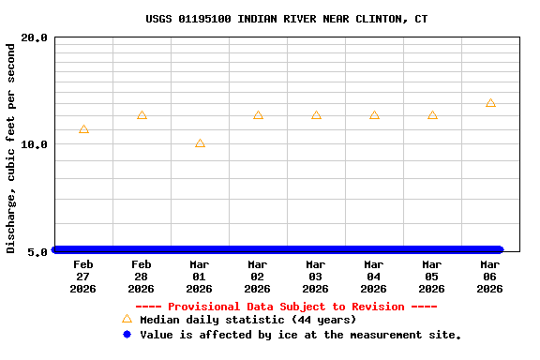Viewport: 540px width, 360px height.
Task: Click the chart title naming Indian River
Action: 287,19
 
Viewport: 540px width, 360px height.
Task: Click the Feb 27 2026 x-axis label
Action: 83,277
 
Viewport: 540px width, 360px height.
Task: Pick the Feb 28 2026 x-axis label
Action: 142,277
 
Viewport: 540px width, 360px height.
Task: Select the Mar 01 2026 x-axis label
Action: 200,277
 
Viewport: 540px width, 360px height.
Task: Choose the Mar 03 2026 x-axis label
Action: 316,277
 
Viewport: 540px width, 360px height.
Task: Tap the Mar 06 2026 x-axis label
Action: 490,277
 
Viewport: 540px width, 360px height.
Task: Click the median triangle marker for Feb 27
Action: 83,129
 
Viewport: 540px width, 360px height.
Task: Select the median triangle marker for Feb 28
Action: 142,115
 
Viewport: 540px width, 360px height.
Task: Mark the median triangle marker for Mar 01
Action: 200,143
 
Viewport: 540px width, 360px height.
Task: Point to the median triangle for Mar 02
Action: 258,115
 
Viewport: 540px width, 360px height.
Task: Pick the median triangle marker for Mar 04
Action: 374,115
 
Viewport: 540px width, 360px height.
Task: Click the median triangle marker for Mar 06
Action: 490,103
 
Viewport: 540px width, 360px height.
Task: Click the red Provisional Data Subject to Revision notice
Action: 286,307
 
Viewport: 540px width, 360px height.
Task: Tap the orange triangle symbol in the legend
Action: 127,319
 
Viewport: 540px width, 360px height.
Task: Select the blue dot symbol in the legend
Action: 127,334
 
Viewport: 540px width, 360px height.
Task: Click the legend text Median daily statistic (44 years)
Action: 247,320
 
